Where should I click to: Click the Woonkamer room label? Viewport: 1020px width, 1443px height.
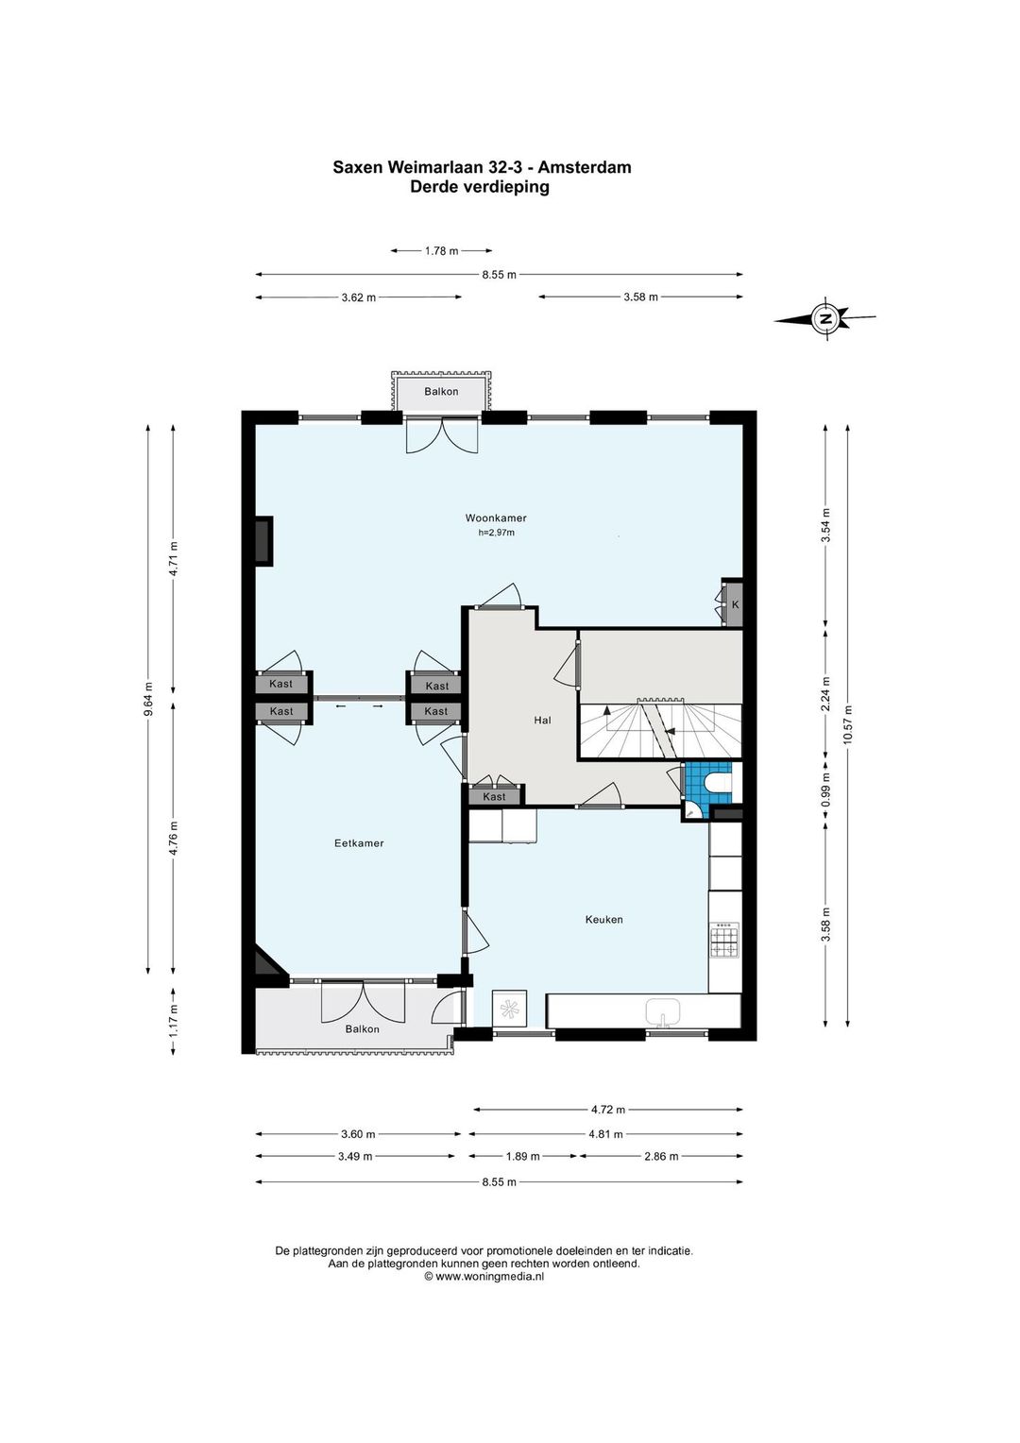point(496,518)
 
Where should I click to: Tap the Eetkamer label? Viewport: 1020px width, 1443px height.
point(359,842)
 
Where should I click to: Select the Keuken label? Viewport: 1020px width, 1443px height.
point(603,919)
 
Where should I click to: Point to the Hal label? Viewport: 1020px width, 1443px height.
point(542,721)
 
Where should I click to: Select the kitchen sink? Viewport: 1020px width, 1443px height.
point(662,1012)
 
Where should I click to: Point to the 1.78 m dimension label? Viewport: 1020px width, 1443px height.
point(441,251)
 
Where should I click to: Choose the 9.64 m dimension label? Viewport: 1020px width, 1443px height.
point(148,698)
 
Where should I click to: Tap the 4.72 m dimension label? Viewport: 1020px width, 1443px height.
point(608,1110)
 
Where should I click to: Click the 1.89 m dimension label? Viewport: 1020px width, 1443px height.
point(522,1156)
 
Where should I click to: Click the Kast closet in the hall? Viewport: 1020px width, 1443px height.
point(494,796)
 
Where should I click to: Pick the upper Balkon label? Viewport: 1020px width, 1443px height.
point(441,391)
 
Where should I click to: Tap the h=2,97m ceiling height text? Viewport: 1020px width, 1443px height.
point(496,533)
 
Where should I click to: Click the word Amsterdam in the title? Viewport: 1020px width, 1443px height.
point(585,167)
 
